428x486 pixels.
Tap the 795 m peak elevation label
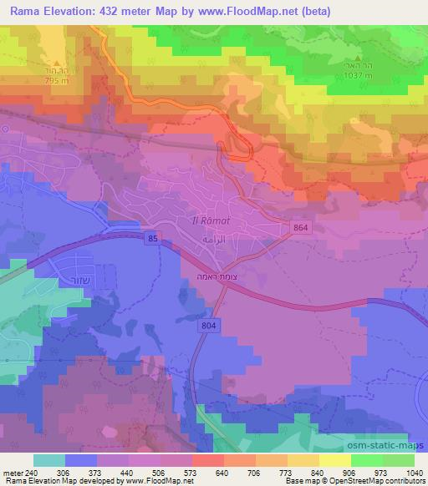(57, 81)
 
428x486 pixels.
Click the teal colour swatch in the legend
(49, 460)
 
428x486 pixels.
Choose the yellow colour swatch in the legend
(335, 460)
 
